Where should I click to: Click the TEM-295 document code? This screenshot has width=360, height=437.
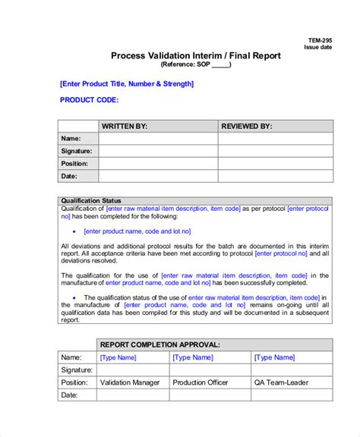pyautogui.click(x=318, y=40)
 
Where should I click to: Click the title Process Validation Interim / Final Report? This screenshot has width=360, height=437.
pyautogui.click(x=196, y=55)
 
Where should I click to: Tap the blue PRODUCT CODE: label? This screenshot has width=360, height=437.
pyautogui.click(x=89, y=99)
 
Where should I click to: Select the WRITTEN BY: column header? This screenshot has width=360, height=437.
pyautogui.click(x=125, y=126)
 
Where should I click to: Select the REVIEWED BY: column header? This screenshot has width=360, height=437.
pyautogui.click(x=248, y=126)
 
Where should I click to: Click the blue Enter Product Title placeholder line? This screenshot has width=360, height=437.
pyautogui.click(x=126, y=83)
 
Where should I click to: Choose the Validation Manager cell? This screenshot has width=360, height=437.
pyautogui.click(x=131, y=382)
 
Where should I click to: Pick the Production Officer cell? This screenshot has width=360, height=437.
pyautogui.click(x=204, y=382)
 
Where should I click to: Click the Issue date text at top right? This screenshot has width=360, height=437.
pyautogui.click(x=317, y=47)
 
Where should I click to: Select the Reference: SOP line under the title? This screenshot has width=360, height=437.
pyautogui.click(x=196, y=64)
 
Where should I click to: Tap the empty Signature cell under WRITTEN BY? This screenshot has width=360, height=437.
pyautogui.click(x=158, y=151)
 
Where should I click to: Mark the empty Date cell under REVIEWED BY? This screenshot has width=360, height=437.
pyautogui.click(x=275, y=176)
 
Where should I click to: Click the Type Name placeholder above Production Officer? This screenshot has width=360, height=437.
pyautogui.click(x=193, y=357)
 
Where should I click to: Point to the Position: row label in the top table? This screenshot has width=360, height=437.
pyautogui.click(x=74, y=163)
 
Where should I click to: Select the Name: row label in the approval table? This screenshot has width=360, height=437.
pyautogui.click(x=71, y=357)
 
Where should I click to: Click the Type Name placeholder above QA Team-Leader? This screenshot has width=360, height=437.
pyautogui.click(x=274, y=357)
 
